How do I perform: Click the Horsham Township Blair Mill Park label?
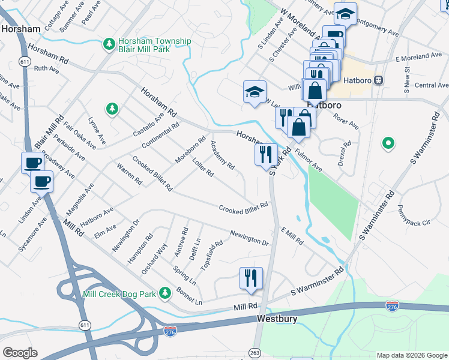154,45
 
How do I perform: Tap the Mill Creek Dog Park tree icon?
164,293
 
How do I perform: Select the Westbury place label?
277,319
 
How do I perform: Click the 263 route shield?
256,353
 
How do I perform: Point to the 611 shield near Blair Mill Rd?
25,62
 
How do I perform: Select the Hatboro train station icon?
379,80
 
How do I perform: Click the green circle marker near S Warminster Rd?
388,143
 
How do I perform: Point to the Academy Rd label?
222,155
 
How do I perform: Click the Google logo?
20,353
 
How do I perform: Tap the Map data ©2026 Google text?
411,355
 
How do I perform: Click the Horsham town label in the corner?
20,28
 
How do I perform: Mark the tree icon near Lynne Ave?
111,109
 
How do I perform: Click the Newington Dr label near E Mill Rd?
249,238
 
